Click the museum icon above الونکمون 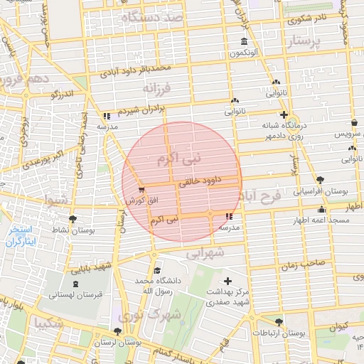tap(245, 41)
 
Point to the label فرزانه tap(158, 88)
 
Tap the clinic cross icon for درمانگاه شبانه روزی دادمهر tap(284, 114)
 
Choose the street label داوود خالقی tap(203, 182)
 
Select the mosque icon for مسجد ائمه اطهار tap(322, 209)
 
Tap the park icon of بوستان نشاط tap(72, 218)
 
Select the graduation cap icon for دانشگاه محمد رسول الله tap(156, 270)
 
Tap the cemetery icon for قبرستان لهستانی tap(76, 283)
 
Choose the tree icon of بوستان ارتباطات tap(279, 322)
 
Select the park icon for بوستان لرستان tap(117, 331)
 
